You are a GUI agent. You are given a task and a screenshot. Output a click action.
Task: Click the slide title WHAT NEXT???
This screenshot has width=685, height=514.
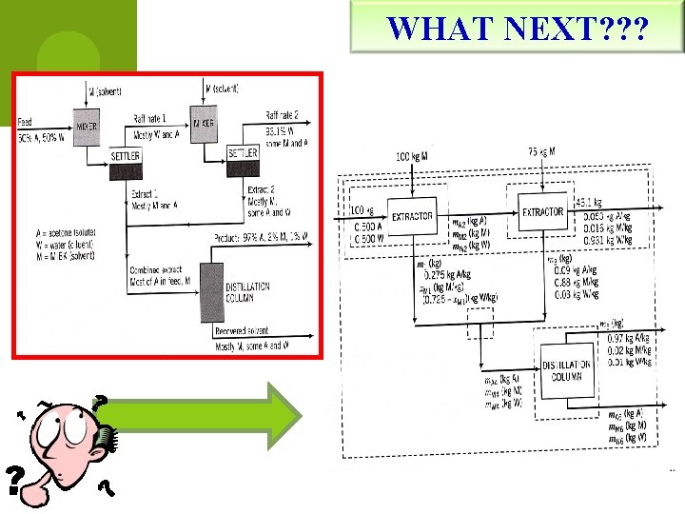pos(519,29)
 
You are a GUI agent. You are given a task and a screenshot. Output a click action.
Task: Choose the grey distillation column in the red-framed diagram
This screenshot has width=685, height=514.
pos(210,292)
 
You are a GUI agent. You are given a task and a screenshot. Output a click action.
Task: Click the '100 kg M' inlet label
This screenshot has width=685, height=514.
pos(410,155)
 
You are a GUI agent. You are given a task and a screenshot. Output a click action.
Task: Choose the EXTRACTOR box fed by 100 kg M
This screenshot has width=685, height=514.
pos(411,216)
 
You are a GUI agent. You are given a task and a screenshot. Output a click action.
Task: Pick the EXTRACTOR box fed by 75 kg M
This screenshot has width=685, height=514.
pos(542,212)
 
